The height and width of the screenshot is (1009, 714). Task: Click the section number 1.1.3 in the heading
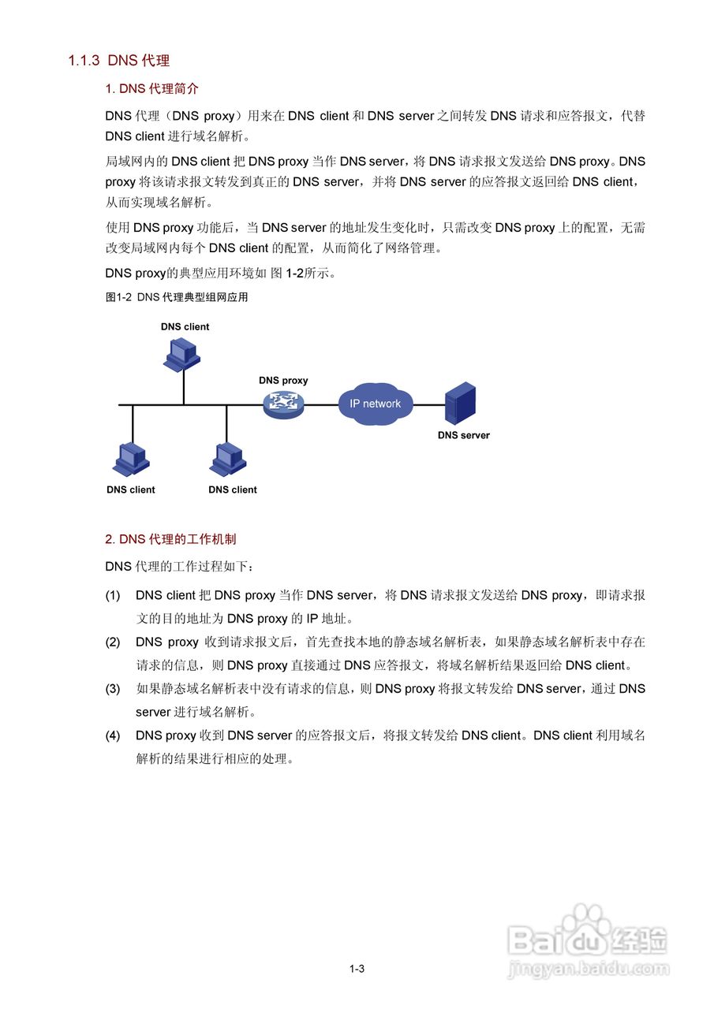pos(84,61)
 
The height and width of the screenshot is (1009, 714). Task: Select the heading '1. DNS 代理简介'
pos(151,89)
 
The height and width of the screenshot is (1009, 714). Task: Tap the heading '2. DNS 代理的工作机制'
pos(170,539)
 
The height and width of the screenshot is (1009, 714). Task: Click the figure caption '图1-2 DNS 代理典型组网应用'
pos(177,298)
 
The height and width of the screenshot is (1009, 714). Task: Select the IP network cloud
pos(376,404)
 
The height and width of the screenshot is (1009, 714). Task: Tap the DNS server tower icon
pos(461,404)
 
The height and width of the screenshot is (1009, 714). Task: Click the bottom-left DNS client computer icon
pos(131,458)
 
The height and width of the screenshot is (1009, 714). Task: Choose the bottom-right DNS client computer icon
pos(229,458)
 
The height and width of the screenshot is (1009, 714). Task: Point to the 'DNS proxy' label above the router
pos(283,381)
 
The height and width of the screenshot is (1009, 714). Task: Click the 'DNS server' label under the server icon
pos(464,435)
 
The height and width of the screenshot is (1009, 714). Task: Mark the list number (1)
pos(113,595)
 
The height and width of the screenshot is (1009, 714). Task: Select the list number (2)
pos(113,642)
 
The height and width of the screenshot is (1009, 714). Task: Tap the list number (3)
pos(113,689)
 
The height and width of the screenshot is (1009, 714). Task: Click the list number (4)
pos(113,735)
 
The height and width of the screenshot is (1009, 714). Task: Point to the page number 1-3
pos(357,969)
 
